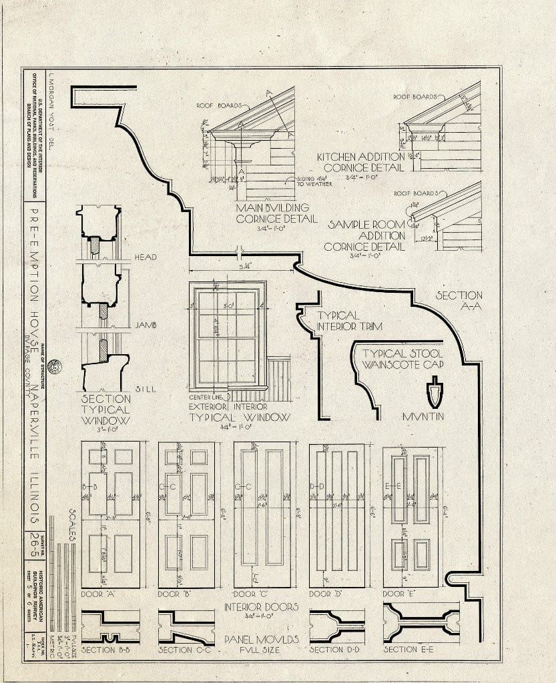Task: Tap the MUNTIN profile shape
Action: pos(435,393)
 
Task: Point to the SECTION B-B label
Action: pos(109,650)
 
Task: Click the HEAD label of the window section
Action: pos(146,257)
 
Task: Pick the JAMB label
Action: pos(146,325)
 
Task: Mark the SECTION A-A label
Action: pos(459,301)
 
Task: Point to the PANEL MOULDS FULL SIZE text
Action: pos(261,644)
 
